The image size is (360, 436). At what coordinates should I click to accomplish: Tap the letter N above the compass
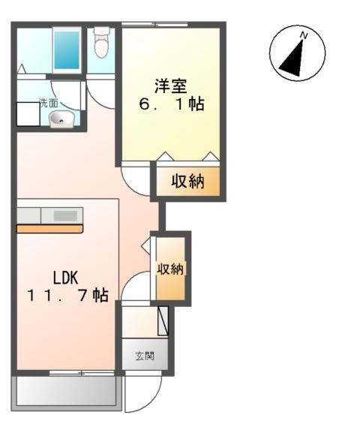303,35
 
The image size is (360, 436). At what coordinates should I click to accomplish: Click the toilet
102,44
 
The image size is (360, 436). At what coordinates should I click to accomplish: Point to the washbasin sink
61,118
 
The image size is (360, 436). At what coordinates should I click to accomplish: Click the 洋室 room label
171,84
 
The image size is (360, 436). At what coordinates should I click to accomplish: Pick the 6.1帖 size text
172,104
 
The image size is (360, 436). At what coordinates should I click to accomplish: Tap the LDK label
65,276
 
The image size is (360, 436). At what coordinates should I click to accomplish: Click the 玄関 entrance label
145,355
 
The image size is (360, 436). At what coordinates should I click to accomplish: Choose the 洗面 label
28,103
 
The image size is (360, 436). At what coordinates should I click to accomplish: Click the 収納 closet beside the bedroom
187,182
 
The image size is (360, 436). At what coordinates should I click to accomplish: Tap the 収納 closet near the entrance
171,269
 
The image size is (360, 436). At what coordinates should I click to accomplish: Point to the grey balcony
65,392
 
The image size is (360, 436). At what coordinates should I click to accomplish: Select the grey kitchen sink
65,215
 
